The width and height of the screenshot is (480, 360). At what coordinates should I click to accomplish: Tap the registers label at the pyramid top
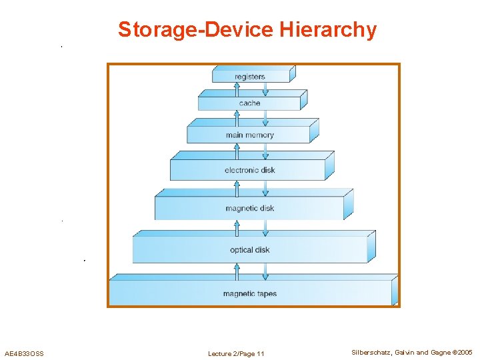pos(249,77)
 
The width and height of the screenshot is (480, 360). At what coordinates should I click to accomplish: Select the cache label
pos(249,103)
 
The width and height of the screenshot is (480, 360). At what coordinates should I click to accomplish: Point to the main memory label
pos(249,135)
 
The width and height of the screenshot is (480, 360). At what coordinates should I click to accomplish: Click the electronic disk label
pos(249,170)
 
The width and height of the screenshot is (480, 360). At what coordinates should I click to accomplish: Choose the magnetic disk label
pos(249,208)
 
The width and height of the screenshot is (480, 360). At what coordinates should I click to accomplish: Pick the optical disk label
pos(249,250)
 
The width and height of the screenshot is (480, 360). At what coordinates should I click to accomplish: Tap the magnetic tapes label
pos(249,294)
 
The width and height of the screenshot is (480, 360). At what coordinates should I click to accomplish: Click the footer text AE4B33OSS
pos(24,353)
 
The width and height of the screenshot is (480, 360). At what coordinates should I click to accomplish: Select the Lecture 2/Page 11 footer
pos(236,353)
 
